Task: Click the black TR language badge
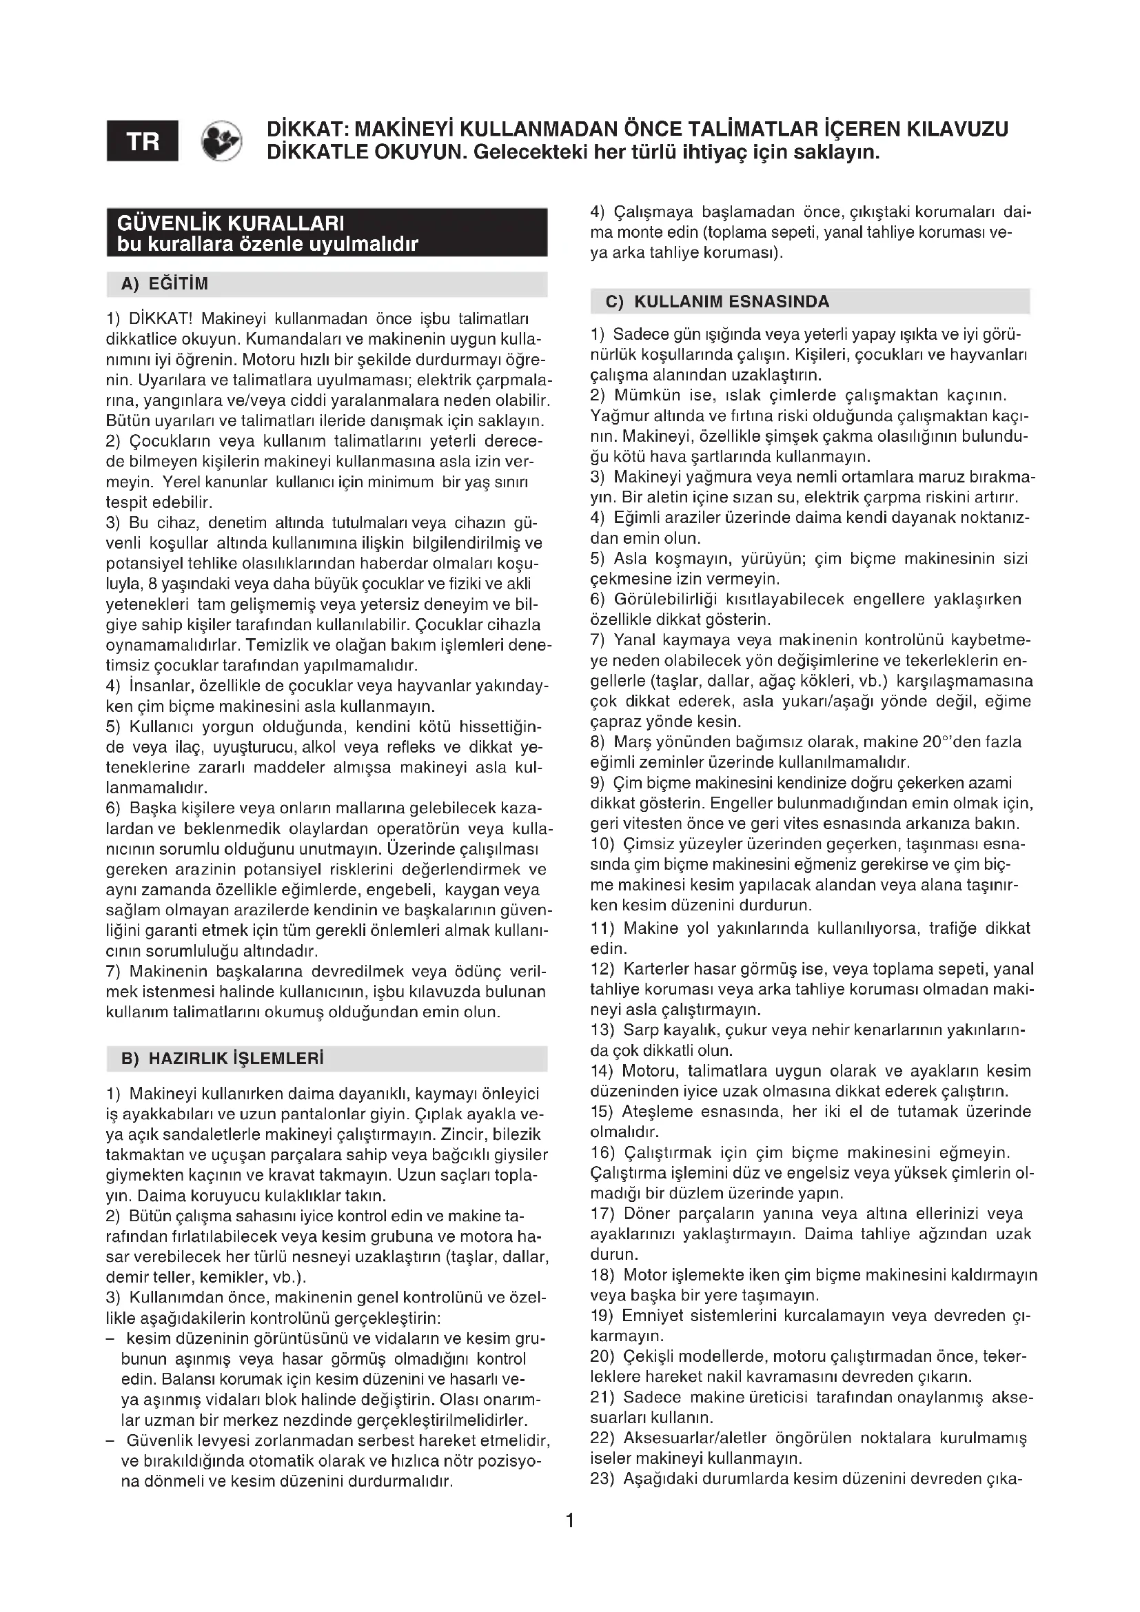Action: [x=143, y=141]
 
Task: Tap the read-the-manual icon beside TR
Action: [x=221, y=141]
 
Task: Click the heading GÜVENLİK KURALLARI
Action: [x=231, y=223]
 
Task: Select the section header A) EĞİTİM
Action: [x=165, y=285]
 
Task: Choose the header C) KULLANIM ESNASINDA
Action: [x=717, y=302]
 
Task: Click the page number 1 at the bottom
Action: [x=570, y=1521]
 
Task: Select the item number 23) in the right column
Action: [x=604, y=1478]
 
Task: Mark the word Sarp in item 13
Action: [x=638, y=1030]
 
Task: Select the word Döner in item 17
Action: [x=644, y=1213]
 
